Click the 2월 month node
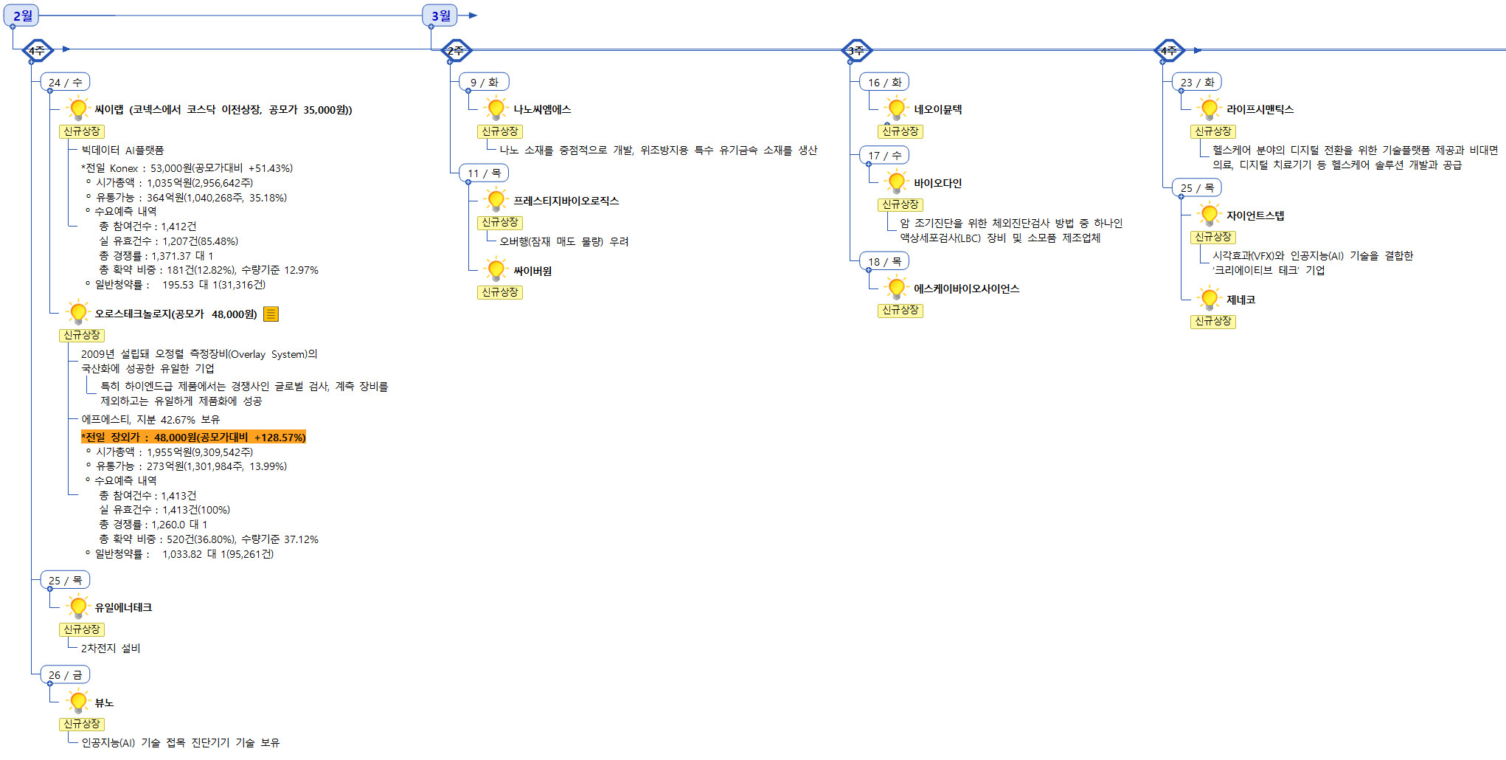click(x=22, y=15)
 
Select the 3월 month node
click(x=440, y=15)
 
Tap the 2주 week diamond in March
click(x=456, y=50)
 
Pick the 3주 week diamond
click(x=856, y=50)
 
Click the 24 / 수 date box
click(x=65, y=82)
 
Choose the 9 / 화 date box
click(x=484, y=82)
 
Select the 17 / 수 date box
click(x=884, y=155)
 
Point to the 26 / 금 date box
click(x=65, y=674)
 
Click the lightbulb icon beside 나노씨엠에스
click(x=496, y=109)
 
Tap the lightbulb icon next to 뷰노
click(x=77, y=702)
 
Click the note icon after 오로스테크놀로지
click(x=271, y=314)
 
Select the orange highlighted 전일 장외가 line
click(x=193, y=438)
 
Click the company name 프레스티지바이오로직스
click(x=566, y=201)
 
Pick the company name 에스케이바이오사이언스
click(x=966, y=289)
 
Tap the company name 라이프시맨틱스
click(x=1260, y=109)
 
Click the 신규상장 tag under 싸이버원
click(x=500, y=292)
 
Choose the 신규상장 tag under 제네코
click(x=1212, y=321)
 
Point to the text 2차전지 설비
click(x=111, y=648)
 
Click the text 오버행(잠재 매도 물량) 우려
click(x=563, y=241)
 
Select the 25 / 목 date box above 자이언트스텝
click(x=1196, y=187)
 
